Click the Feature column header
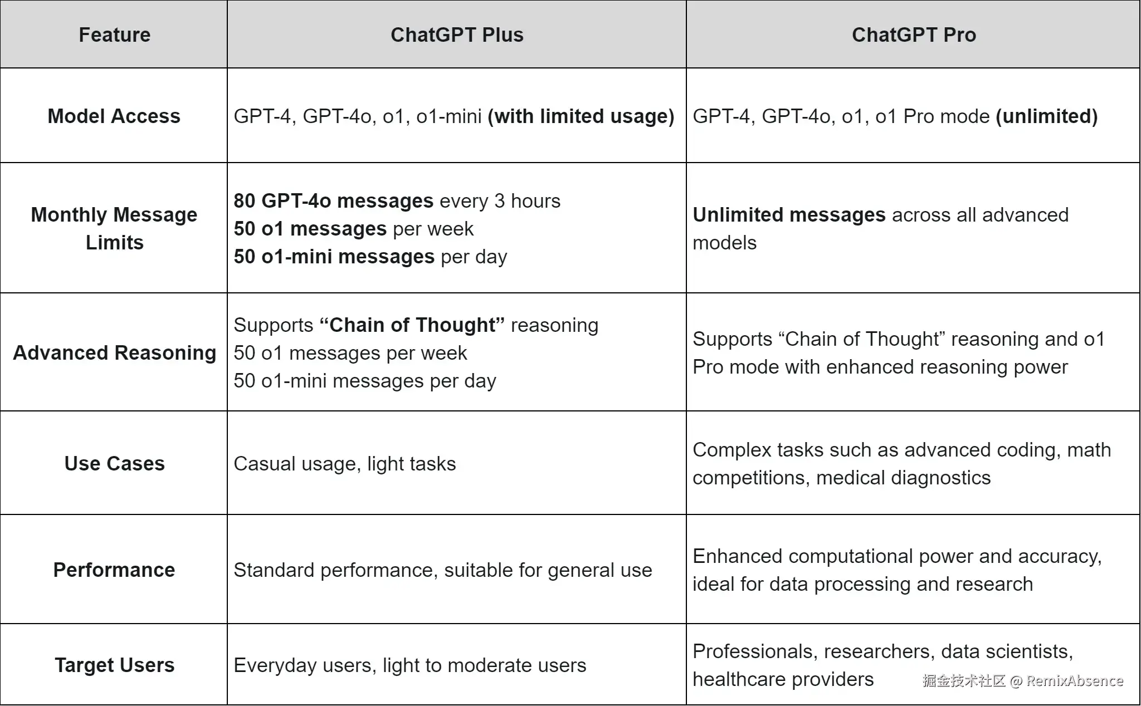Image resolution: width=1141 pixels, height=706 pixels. pyautogui.click(x=114, y=35)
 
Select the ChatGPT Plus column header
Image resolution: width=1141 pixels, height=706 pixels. pyautogui.click(x=457, y=35)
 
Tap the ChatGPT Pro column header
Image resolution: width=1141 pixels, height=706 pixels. pyautogui.click(x=914, y=35)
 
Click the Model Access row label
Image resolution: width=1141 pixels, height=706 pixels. pyautogui.click(x=114, y=116)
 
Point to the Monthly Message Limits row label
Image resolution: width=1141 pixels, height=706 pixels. pyautogui.click(x=114, y=228)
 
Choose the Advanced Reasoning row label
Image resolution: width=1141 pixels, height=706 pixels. pyautogui.click(x=114, y=352)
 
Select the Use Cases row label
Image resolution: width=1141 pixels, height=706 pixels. pyautogui.click(x=114, y=463)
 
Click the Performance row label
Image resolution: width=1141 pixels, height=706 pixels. pyautogui.click(x=114, y=570)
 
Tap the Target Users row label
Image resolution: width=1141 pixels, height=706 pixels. pyautogui.click(x=114, y=665)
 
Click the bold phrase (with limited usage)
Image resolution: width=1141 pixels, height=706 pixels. pyautogui.click(x=581, y=116)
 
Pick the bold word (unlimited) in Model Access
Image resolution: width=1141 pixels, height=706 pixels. pyautogui.click(x=1046, y=116)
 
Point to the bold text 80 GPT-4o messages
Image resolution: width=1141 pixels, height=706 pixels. pyautogui.click(x=333, y=200)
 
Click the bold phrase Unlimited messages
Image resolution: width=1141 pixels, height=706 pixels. pyautogui.click(x=789, y=214)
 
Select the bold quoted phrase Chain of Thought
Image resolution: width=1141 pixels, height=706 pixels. pyautogui.click(x=412, y=325)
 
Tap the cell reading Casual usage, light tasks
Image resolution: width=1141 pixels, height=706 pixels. pyautogui.click(x=344, y=463)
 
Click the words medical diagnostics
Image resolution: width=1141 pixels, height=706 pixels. pyautogui.click(x=903, y=477)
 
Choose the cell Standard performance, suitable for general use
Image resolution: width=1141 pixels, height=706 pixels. pyautogui.click(x=442, y=570)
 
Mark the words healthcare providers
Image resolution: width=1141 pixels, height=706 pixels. pyautogui.click(x=783, y=679)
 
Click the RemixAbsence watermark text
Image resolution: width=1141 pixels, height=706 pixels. pyautogui.click(x=1074, y=680)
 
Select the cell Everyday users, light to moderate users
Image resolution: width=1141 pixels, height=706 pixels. pyautogui.click(x=409, y=665)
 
